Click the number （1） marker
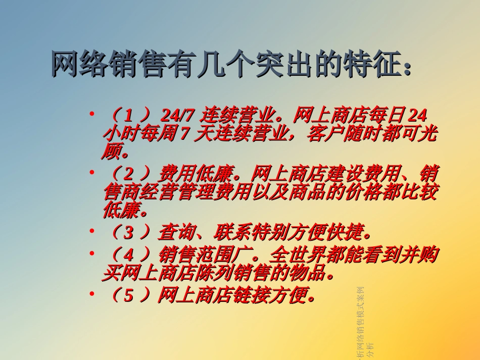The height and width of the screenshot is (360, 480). pos(129,116)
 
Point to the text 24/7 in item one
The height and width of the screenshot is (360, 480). pos(177,116)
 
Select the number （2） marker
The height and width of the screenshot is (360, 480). pos(129,175)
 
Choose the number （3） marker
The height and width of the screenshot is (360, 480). pos(129,232)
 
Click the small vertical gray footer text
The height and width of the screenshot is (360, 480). pos(363,323)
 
